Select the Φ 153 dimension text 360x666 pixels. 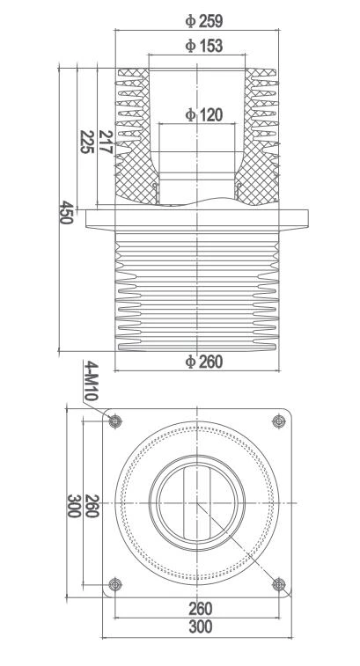pos(203,46)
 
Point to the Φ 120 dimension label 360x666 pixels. pos(203,114)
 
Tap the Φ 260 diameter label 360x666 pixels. pos(204,362)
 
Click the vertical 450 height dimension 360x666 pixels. pos(64,211)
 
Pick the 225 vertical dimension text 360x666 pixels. pos(86,143)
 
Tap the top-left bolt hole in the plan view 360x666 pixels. pos(114,421)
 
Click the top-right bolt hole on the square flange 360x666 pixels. pos(280,421)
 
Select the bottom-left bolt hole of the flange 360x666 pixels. pos(114,584)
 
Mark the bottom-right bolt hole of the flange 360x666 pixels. pos(280,584)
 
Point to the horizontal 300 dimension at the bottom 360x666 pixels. pos(201,626)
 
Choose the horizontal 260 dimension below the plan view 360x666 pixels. pos(200,607)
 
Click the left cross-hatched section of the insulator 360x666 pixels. pos(135,172)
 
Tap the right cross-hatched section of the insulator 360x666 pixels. pos(261,172)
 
